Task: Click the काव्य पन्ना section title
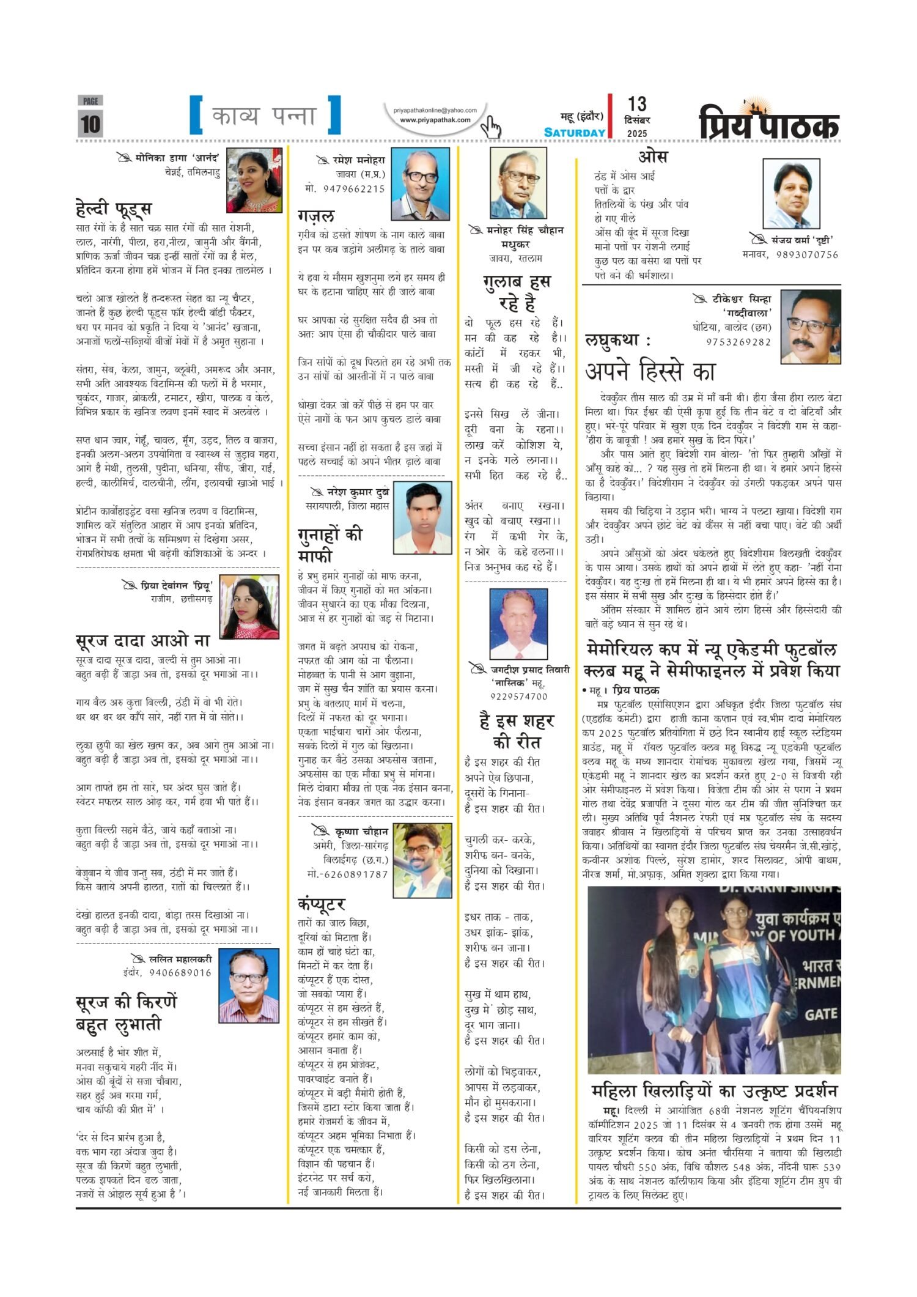pyautogui.click(x=264, y=116)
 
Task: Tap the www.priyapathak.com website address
pyautogui.click(x=435, y=120)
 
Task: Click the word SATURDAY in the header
pyautogui.click(x=575, y=133)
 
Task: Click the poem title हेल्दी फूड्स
pyautogui.click(x=114, y=209)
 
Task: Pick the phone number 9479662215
pyautogui.click(x=345, y=189)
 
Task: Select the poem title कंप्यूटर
pyautogui.click(x=322, y=903)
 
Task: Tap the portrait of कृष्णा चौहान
pyautogui.click(x=422, y=860)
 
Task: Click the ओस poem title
pyautogui.click(x=652, y=157)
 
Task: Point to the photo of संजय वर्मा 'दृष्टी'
pyautogui.click(x=800, y=193)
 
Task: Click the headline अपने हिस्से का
pyautogui.click(x=650, y=371)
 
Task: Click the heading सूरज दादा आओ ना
pyautogui.click(x=143, y=641)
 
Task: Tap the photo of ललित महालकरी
pyautogui.click(x=249, y=986)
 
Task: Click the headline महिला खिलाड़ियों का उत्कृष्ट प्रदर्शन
pyautogui.click(x=714, y=1088)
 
